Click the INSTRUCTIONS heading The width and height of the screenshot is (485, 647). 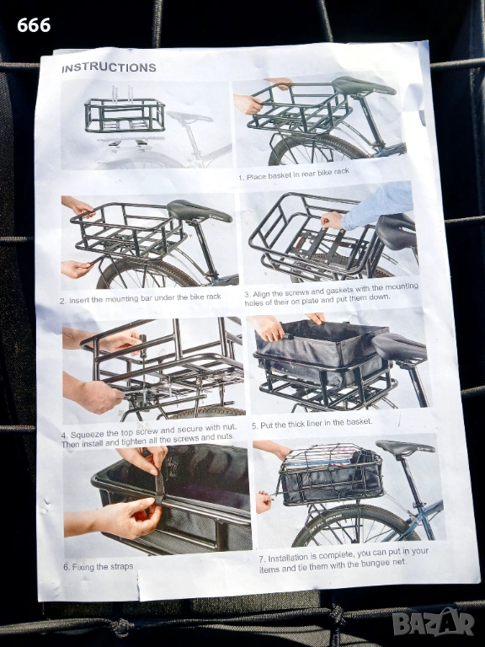[x=109, y=67]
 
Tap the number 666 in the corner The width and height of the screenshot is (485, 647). [x=34, y=25]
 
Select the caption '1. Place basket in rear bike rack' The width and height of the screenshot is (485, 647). [x=294, y=174]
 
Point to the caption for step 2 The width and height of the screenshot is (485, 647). [x=141, y=298]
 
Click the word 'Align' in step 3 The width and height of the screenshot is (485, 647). [x=262, y=294]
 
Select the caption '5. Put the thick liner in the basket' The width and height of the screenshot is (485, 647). [x=312, y=424]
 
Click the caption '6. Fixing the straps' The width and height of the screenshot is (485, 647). [x=99, y=567]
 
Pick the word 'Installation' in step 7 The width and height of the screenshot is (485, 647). [x=288, y=558]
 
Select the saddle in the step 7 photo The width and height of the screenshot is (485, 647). [x=405, y=447]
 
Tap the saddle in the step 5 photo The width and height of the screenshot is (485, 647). [x=399, y=346]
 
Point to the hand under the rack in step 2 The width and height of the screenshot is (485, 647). [x=77, y=268]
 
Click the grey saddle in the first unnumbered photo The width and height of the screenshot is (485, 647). [x=190, y=117]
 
